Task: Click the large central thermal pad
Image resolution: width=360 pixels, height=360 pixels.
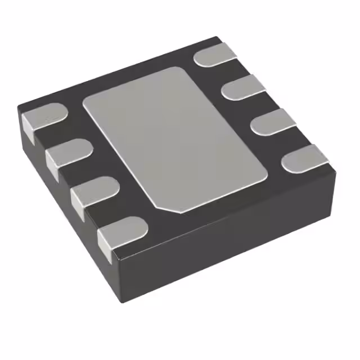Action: (x=174, y=138)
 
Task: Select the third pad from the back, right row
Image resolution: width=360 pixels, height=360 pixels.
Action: (x=273, y=121)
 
